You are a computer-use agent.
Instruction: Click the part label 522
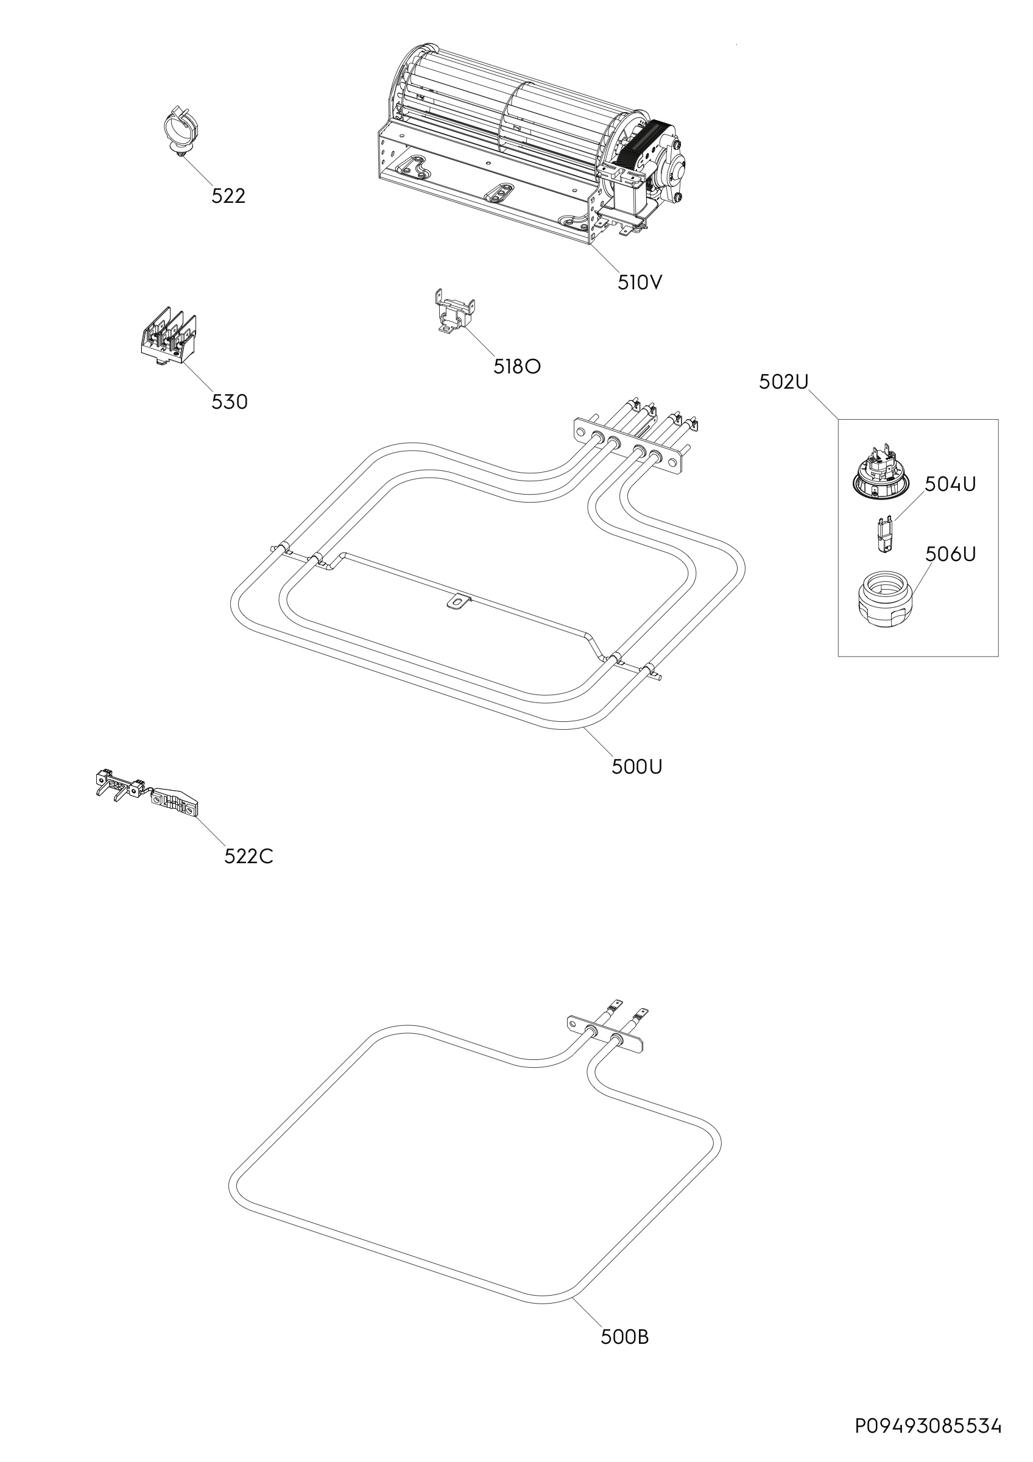click(x=228, y=196)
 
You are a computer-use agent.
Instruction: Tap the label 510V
click(x=640, y=283)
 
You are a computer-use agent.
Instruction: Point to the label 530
click(x=230, y=402)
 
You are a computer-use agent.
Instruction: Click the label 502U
click(x=783, y=382)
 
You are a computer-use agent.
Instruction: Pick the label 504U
click(x=950, y=484)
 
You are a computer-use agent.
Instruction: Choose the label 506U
click(x=950, y=554)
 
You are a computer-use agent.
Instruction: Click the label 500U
click(x=637, y=768)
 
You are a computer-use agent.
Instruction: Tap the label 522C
click(x=249, y=857)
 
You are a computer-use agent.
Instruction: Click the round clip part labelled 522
click(x=179, y=130)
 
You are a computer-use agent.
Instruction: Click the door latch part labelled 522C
click(x=147, y=793)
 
